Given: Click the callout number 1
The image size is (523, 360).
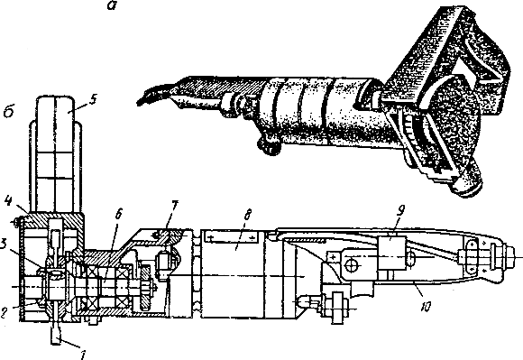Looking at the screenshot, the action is (x=82, y=354).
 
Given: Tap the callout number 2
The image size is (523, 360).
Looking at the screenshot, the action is (x=4, y=313).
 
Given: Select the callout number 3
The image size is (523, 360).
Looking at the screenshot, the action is (x=4, y=245).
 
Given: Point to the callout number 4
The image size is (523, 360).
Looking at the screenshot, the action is (x=9, y=201).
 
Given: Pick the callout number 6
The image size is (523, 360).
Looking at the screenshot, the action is (x=119, y=214).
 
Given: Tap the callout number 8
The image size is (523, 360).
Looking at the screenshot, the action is (x=247, y=216).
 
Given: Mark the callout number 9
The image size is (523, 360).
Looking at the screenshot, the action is (x=400, y=210).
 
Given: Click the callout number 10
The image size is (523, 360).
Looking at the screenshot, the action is (x=426, y=305).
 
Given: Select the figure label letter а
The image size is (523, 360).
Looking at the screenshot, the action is (x=113, y=5).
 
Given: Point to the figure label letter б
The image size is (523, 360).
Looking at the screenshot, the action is (x=8, y=112).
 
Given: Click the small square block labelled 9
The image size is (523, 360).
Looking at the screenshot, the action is (x=392, y=253).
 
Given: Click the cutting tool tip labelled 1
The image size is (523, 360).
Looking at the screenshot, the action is (x=57, y=335).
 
